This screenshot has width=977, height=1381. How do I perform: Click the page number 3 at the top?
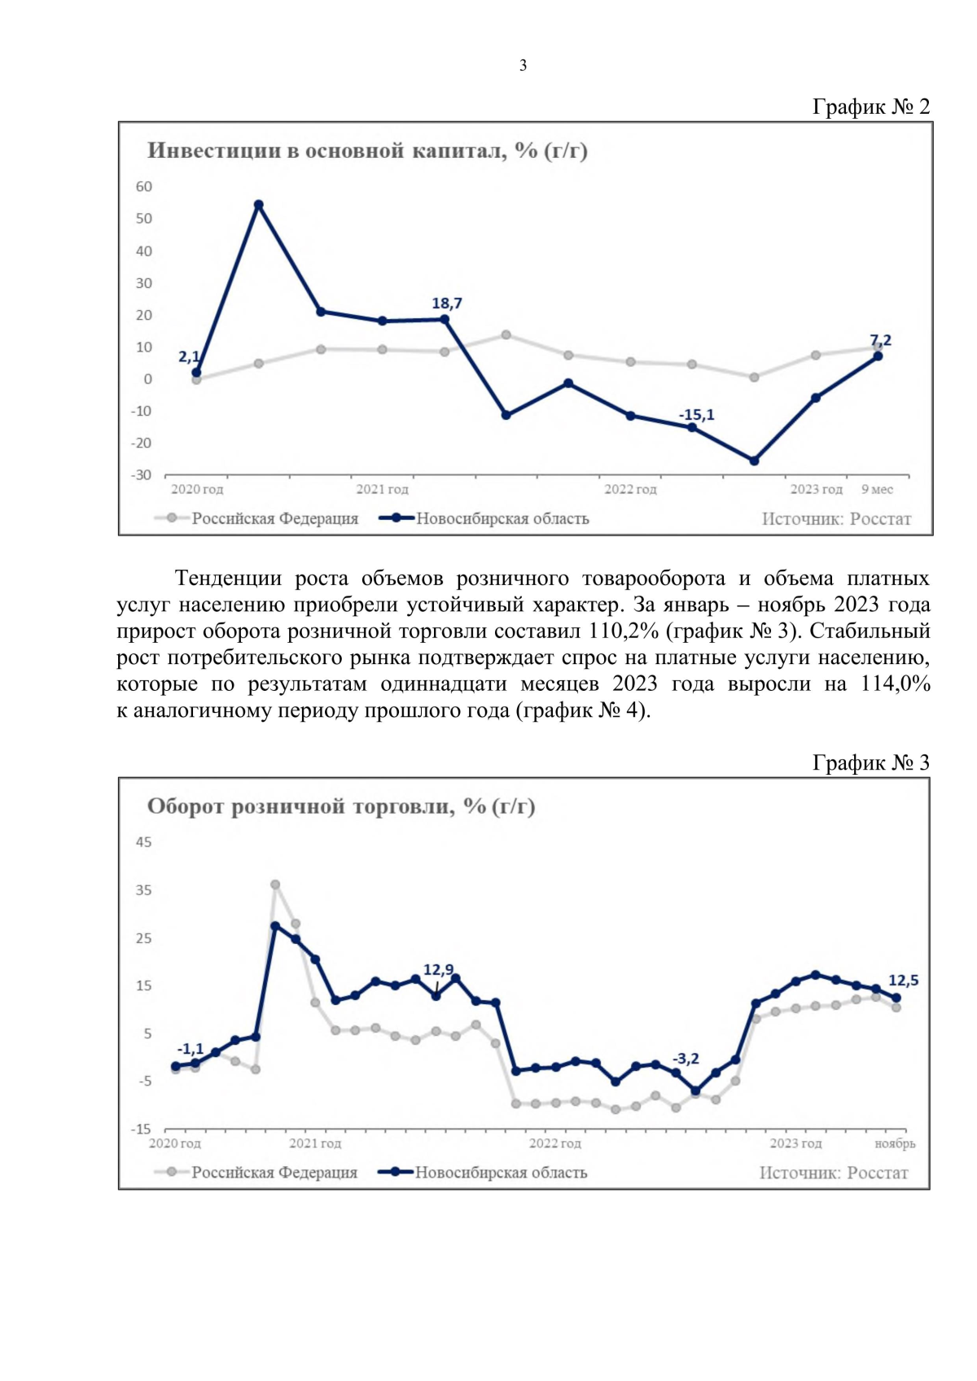(523, 66)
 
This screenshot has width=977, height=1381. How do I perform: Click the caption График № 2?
(870, 107)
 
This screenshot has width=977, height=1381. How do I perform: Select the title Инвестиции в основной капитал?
(367, 151)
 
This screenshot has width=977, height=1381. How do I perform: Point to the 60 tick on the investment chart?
(144, 186)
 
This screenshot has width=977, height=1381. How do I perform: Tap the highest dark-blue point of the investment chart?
(258, 205)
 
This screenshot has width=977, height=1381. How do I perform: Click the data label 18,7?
(446, 304)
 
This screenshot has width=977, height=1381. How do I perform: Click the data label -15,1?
(696, 415)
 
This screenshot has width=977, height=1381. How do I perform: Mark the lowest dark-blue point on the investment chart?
(754, 461)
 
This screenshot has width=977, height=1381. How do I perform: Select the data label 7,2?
(880, 340)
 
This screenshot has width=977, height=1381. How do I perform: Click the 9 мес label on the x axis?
(877, 489)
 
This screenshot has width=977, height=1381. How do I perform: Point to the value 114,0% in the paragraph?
(895, 684)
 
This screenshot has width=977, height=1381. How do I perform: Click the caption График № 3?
(870, 763)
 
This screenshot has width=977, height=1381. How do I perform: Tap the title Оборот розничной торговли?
(341, 806)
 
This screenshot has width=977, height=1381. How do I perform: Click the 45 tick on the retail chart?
(144, 842)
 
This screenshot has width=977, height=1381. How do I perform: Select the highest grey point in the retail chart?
(275, 885)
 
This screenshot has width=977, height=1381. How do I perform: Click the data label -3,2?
(686, 1059)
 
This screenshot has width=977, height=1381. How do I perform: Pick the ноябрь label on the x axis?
(895, 1143)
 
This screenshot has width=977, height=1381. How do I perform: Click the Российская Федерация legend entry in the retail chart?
(274, 1173)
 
